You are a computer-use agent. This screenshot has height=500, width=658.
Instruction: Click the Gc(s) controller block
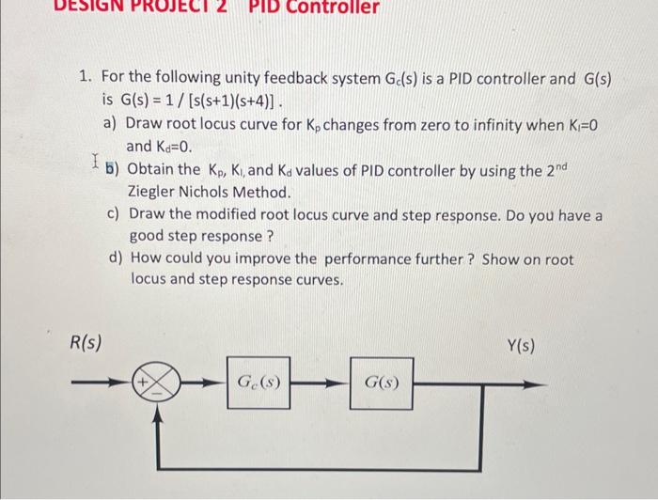(x=258, y=383)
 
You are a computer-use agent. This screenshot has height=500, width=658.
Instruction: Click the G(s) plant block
(x=381, y=383)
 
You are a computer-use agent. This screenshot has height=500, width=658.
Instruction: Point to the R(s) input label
(x=86, y=343)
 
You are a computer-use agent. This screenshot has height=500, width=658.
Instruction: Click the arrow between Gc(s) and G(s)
(x=320, y=383)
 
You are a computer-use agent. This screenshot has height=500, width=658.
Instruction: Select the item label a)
(x=111, y=123)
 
